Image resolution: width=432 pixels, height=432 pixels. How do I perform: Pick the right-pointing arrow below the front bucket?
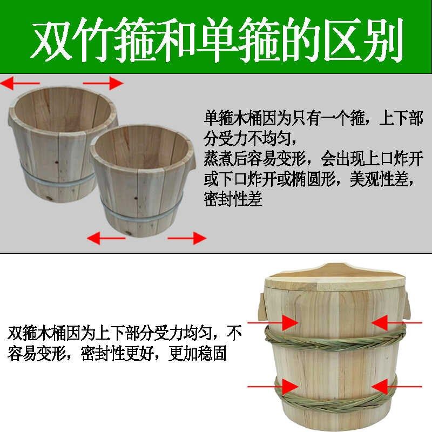(186, 237)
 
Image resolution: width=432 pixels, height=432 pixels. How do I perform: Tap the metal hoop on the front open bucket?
(140, 215)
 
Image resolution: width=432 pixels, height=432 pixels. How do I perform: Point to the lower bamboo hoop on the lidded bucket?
(335, 394)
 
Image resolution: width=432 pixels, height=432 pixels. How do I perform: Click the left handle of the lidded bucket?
(262, 305)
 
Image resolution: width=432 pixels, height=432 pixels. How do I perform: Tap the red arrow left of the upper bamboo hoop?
(282, 322)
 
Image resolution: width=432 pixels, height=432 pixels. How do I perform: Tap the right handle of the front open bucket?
(189, 165)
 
